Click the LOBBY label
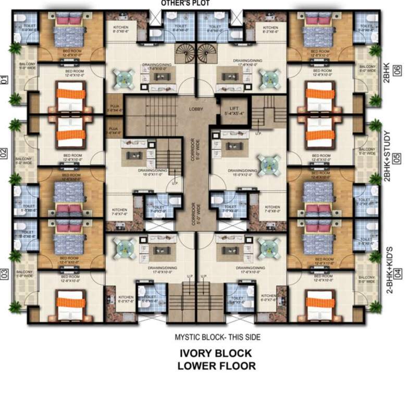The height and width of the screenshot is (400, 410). [x=196, y=109]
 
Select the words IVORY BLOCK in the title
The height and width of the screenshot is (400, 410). [x=216, y=353]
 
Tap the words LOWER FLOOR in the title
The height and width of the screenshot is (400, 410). [x=216, y=366]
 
